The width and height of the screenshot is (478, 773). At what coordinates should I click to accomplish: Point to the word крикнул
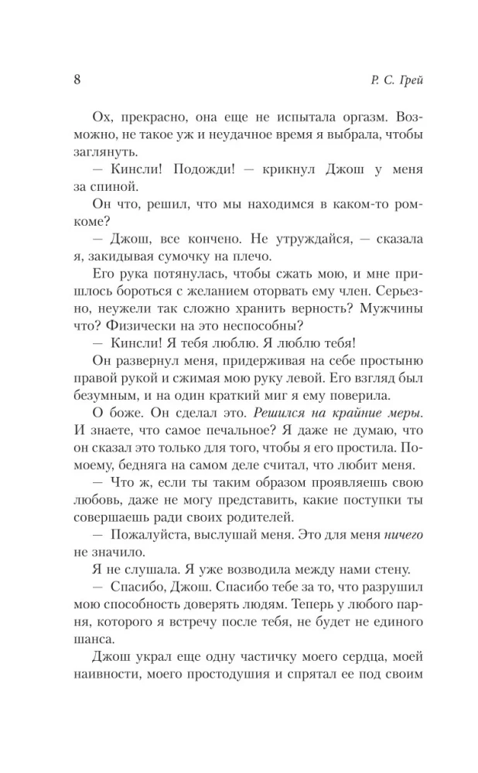290,170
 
